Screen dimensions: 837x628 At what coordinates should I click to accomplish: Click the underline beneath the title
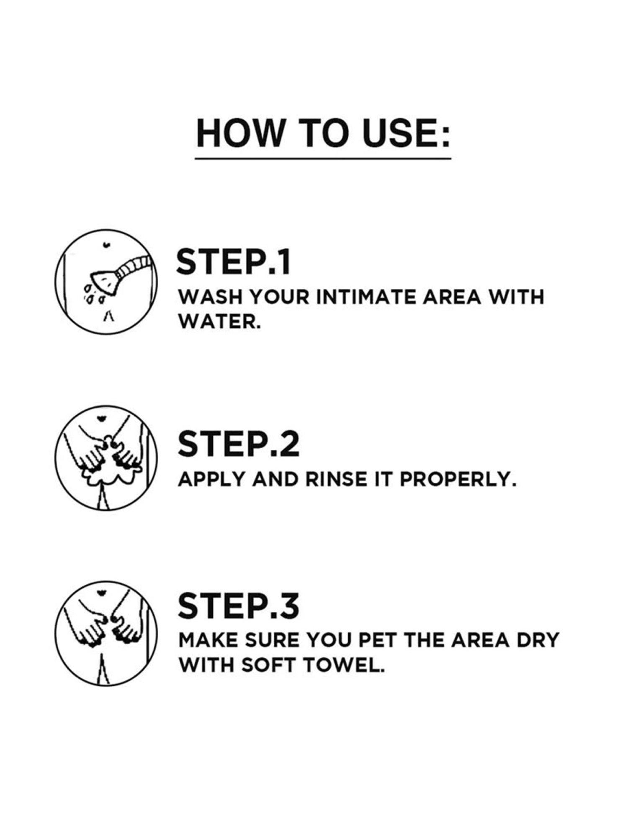(323, 159)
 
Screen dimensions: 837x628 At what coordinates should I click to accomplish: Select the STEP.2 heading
(238, 444)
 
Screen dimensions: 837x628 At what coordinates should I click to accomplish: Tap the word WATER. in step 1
(219, 322)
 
